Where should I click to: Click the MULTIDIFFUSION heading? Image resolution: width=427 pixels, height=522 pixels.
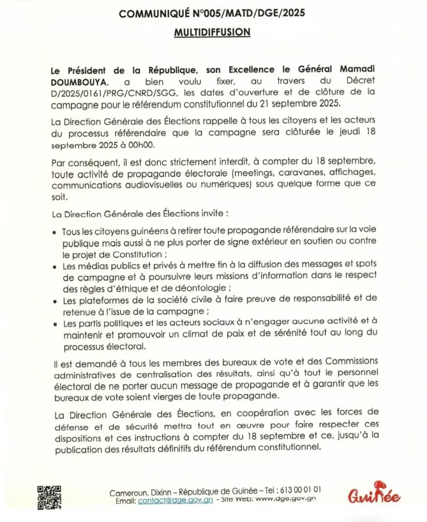point(212,32)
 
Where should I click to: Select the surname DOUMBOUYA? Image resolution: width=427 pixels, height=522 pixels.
point(75,81)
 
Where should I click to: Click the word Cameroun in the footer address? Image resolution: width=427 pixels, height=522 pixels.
point(129,492)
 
